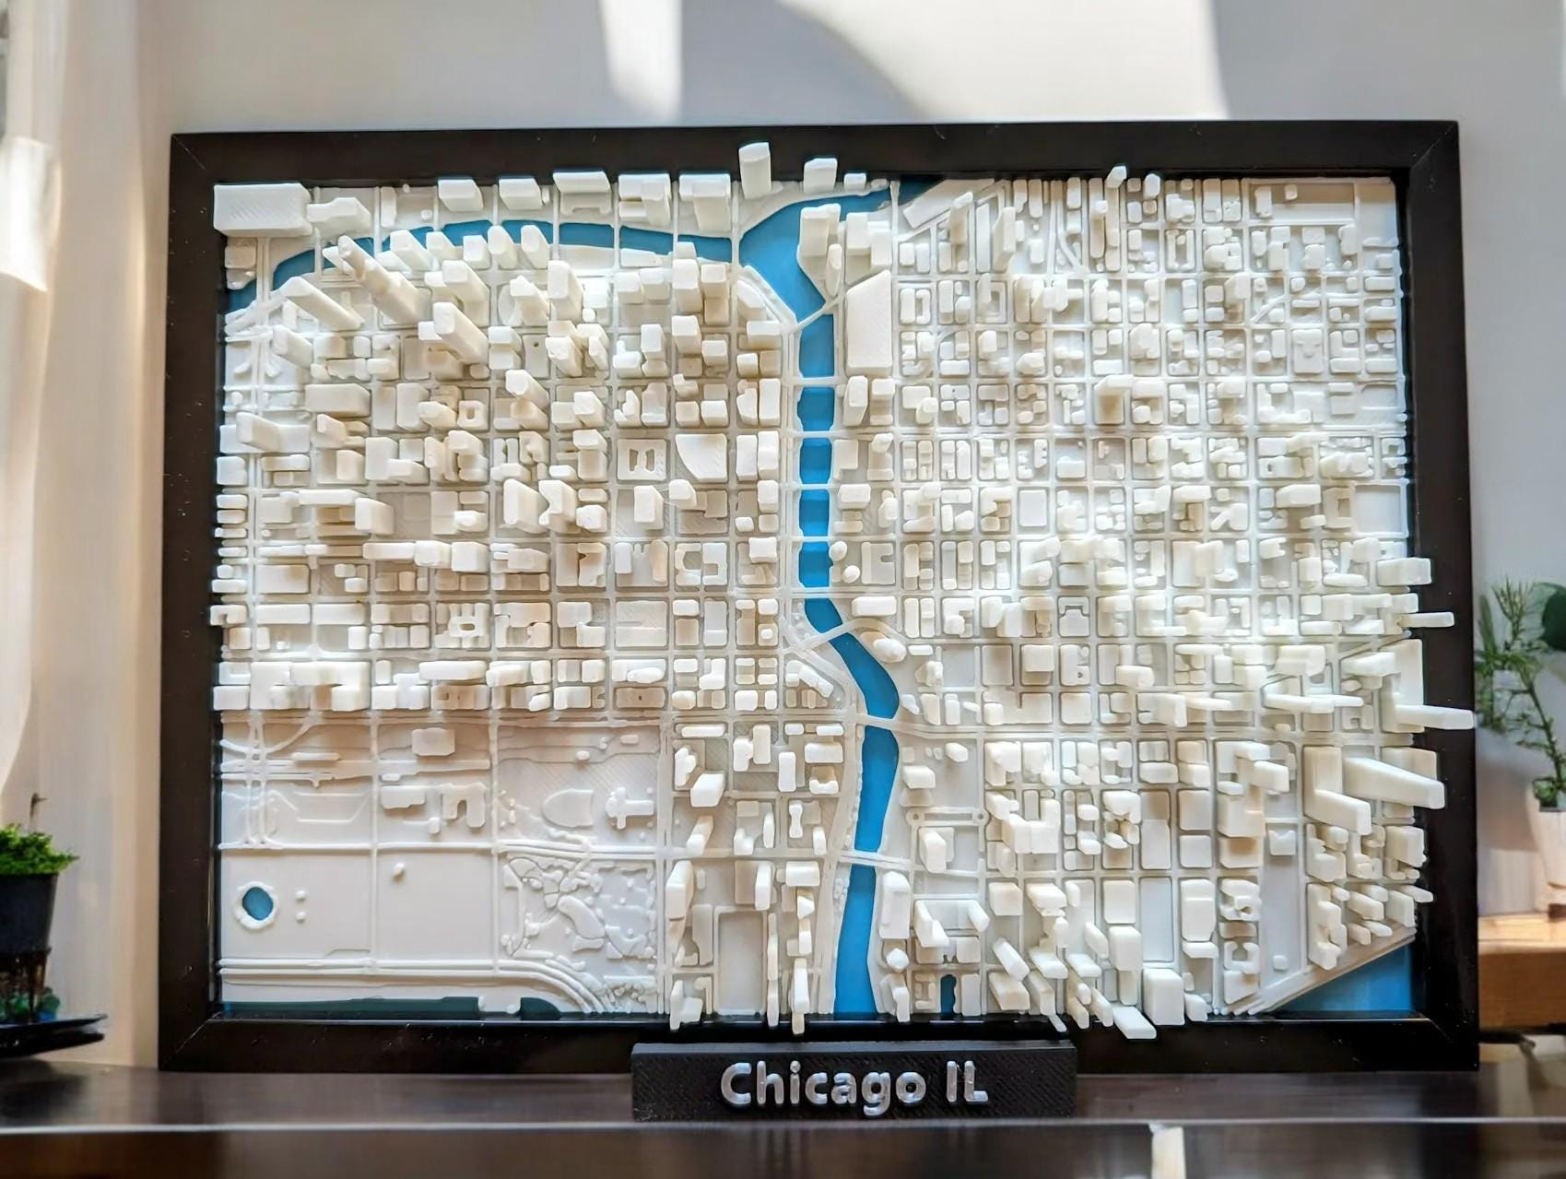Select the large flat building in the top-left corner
point(260,205)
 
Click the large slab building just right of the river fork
point(867,323)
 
